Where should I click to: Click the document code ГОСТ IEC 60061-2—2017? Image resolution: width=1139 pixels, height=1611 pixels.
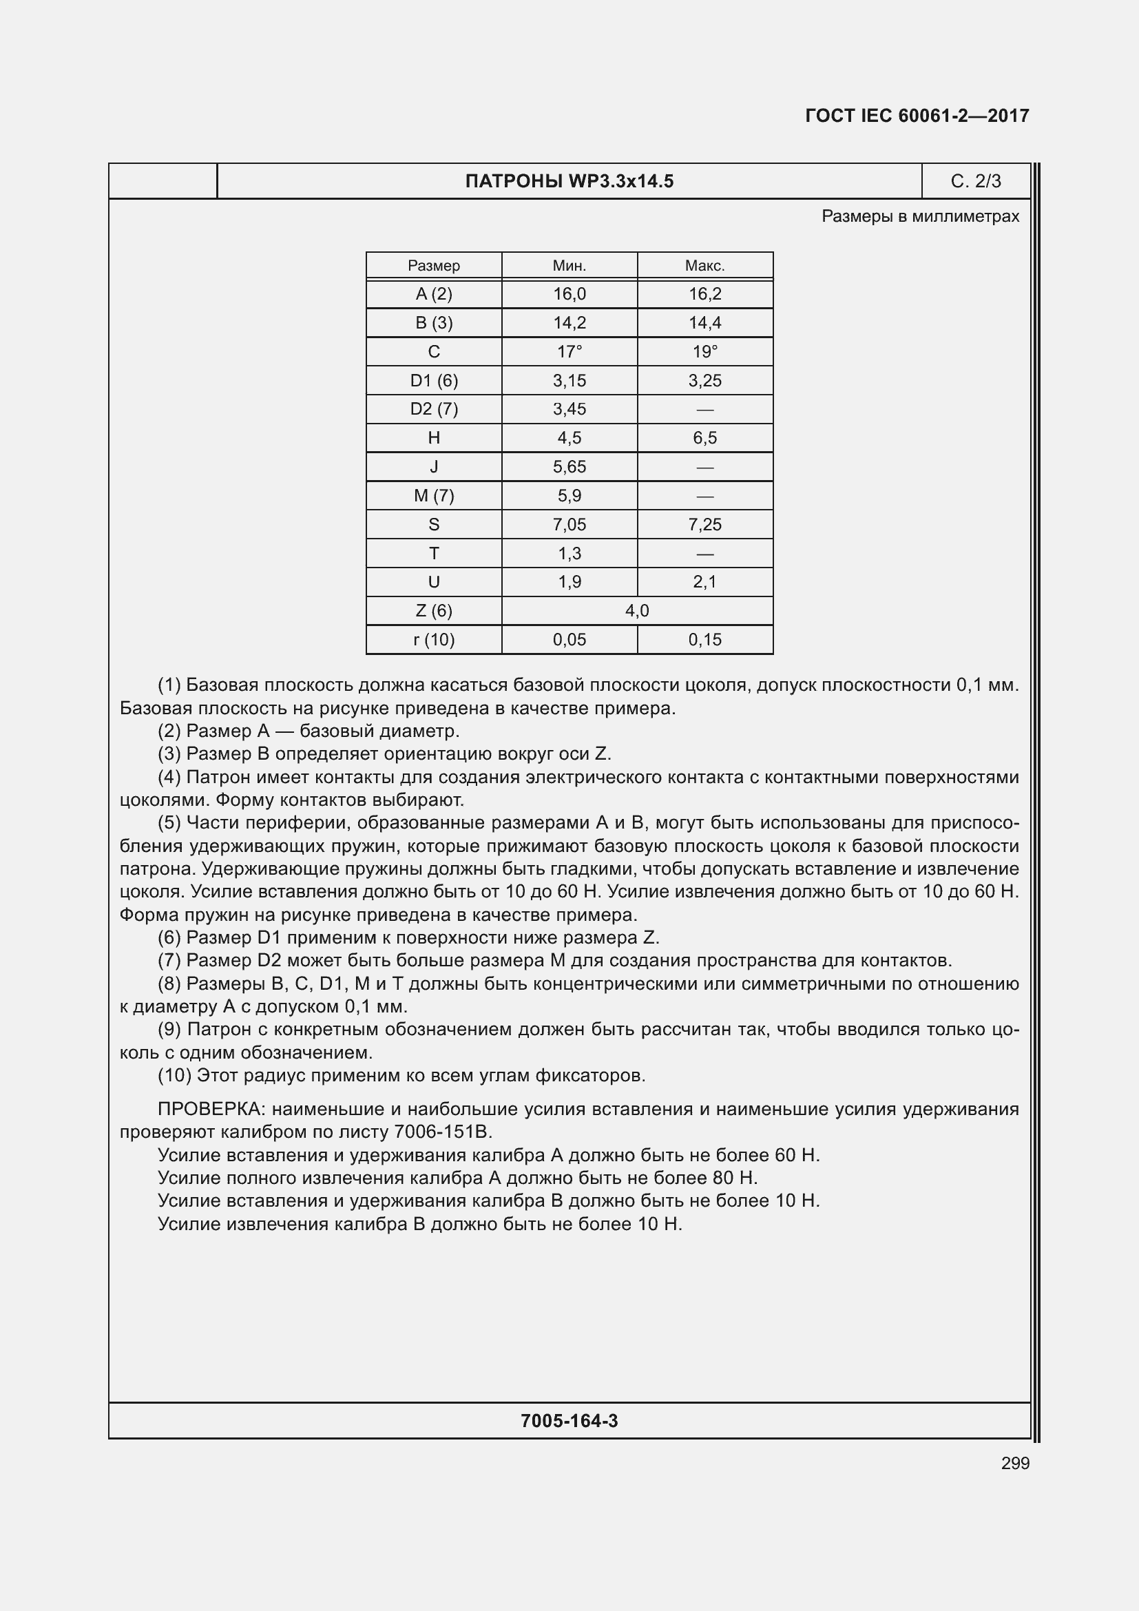917,116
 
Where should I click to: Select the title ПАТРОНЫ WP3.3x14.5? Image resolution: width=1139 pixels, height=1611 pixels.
569,182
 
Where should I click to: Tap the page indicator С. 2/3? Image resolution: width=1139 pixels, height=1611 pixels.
975,182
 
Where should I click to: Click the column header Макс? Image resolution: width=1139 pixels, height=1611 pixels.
704,266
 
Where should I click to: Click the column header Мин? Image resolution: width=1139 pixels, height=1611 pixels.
569,266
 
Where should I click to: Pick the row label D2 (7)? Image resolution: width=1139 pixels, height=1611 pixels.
433,409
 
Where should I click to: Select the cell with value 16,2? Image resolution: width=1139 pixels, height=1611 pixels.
704,294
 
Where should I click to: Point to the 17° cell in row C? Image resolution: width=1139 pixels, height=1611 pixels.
569,351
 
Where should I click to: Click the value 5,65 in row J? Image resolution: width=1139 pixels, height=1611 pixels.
569,466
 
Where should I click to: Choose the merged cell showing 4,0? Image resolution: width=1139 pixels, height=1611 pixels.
637,610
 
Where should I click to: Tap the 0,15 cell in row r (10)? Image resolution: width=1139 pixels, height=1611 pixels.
704,639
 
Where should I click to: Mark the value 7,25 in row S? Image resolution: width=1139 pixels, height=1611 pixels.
704,524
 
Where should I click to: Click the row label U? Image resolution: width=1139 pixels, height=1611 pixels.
433,582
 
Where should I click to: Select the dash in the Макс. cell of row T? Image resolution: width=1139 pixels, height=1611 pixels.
704,554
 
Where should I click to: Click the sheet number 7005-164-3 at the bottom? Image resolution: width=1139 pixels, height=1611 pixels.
569,1421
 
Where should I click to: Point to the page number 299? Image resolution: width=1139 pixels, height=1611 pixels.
1015,1463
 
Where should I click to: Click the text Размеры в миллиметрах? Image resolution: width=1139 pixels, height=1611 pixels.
919,216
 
